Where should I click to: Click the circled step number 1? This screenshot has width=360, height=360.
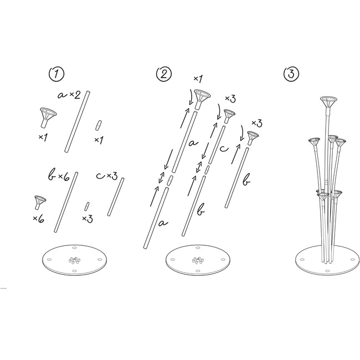tap(56, 74)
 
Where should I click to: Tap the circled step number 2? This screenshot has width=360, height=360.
tap(164, 74)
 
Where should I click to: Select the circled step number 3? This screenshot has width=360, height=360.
tap(291, 74)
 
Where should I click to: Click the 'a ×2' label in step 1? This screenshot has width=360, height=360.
tap(69, 95)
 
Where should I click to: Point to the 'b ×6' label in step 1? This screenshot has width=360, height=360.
tap(59, 176)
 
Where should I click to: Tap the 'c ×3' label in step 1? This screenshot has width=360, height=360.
tap(107, 176)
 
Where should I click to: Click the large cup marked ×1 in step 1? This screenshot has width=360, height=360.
tap(48, 117)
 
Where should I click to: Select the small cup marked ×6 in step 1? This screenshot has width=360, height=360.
tap(40, 202)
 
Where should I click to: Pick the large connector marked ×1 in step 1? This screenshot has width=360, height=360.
tap(98, 125)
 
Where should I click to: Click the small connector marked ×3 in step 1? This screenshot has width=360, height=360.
tap(86, 207)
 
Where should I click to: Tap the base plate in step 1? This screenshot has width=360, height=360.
tap(75, 260)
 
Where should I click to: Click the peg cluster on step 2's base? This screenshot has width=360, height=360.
tap(198, 260)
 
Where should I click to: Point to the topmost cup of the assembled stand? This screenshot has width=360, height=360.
tap(329, 102)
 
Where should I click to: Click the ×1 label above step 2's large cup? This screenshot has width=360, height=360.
tap(198, 79)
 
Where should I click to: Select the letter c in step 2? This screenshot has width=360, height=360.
tap(224, 149)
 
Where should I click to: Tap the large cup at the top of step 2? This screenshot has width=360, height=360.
tap(202, 99)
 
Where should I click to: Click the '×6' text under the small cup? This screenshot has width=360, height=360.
tap(38, 219)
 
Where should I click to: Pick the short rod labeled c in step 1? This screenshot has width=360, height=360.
tap(116, 197)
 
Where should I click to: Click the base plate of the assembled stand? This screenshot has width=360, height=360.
tap(327, 260)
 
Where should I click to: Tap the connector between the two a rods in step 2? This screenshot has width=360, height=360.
tap(169, 181)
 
